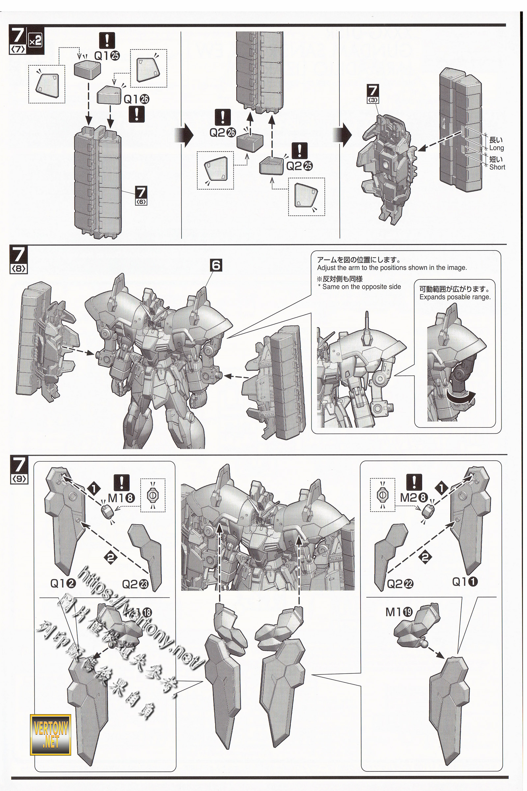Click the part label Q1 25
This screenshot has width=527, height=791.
107,56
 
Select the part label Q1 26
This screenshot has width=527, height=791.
136,99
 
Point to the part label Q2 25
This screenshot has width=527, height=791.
299,166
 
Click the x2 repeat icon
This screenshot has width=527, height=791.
35,41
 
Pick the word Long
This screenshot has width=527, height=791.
496,148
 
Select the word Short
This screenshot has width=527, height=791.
497,167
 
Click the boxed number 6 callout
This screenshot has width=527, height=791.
216,266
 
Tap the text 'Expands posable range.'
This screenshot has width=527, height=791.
455,297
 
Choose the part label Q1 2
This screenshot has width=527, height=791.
63,584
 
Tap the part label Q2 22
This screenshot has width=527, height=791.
400,584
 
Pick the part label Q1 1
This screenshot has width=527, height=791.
465,582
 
